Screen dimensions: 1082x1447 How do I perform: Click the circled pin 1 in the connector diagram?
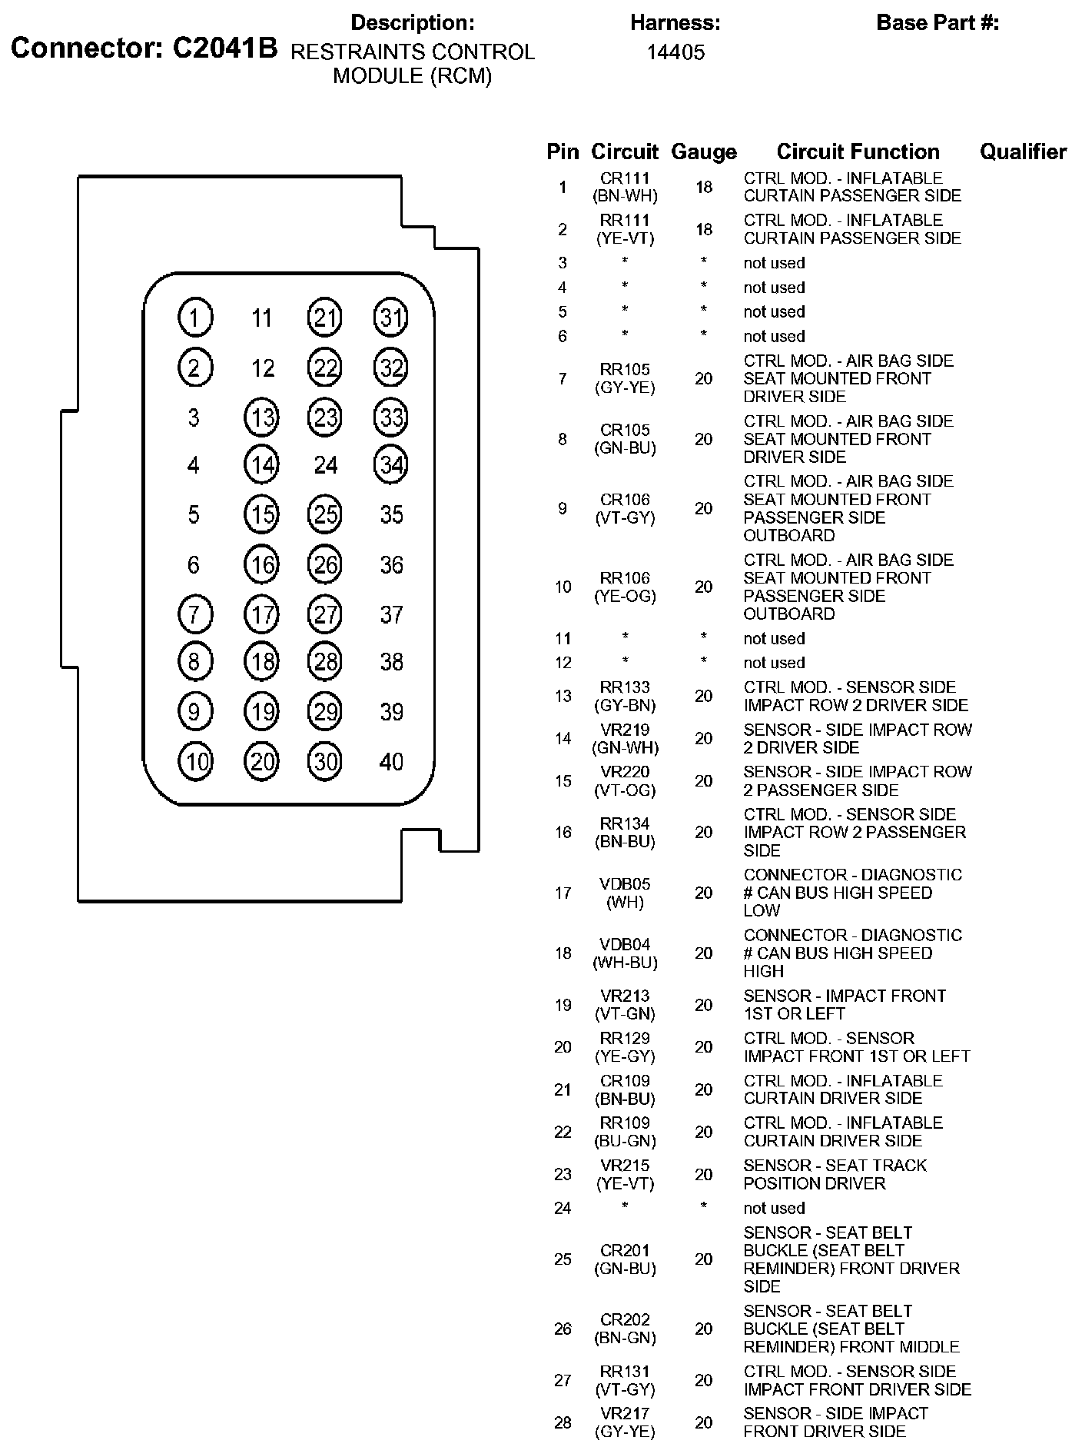(x=194, y=318)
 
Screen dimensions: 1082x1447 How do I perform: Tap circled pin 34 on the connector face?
(x=391, y=465)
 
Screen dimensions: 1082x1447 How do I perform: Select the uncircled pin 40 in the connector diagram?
(x=391, y=762)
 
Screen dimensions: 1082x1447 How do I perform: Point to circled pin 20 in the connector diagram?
(x=262, y=762)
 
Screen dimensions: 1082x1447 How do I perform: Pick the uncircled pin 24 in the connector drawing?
(x=326, y=465)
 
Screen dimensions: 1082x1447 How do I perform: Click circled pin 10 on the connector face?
(x=194, y=762)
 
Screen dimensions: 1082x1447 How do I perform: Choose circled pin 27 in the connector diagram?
(x=326, y=615)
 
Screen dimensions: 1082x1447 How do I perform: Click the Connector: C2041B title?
(x=144, y=48)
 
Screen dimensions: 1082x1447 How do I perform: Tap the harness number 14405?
(x=675, y=52)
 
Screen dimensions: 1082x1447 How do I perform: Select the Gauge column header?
(x=703, y=152)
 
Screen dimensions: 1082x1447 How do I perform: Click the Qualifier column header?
(x=1023, y=152)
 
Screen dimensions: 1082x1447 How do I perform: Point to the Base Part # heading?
(x=938, y=23)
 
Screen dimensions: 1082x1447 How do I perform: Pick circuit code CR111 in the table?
(x=625, y=178)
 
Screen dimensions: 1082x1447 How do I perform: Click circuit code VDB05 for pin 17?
(x=625, y=884)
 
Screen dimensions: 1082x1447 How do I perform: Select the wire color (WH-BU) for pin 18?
(x=625, y=963)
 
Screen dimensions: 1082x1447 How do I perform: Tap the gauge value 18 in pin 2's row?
(x=704, y=229)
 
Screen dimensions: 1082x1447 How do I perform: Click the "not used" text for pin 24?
(x=774, y=1208)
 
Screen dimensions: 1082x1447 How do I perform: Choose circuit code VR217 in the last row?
(x=625, y=1413)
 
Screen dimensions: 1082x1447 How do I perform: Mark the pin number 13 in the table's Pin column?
(x=563, y=697)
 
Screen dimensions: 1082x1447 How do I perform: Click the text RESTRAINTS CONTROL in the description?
(x=413, y=52)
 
